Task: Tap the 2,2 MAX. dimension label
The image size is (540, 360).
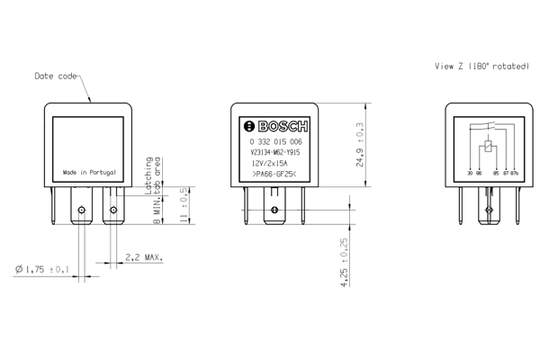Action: pyautogui.click(x=144, y=257)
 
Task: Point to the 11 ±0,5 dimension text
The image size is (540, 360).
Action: pyautogui.click(x=184, y=203)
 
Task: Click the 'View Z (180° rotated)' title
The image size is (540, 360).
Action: pyautogui.click(x=481, y=66)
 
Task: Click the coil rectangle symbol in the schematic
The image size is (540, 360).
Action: pyautogui.click(x=487, y=148)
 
